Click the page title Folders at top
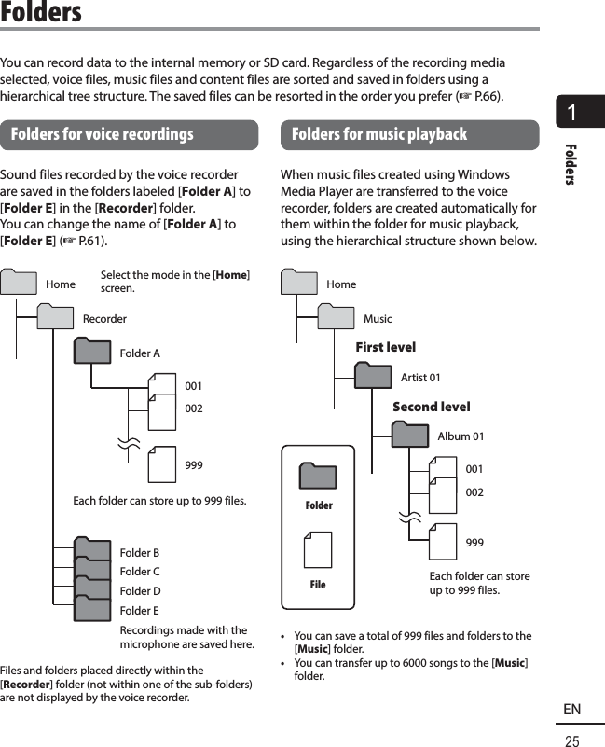pos(41,13)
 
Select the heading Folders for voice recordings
pos(102,134)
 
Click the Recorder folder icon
pos(55,318)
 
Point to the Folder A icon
pos(92,353)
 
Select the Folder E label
pos(140,611)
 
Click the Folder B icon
pos(92,551)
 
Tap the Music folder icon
pos(336,318)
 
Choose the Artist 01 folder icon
pos(373,377)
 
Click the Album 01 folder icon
pos(410,436)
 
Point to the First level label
pos(385,347)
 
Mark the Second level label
pos(431,407)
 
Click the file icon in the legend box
pos(318,550)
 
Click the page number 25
pos(571,740)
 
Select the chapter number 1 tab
pos(580,112)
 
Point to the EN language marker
pos(571,710)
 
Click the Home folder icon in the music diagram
pos(298,284)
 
